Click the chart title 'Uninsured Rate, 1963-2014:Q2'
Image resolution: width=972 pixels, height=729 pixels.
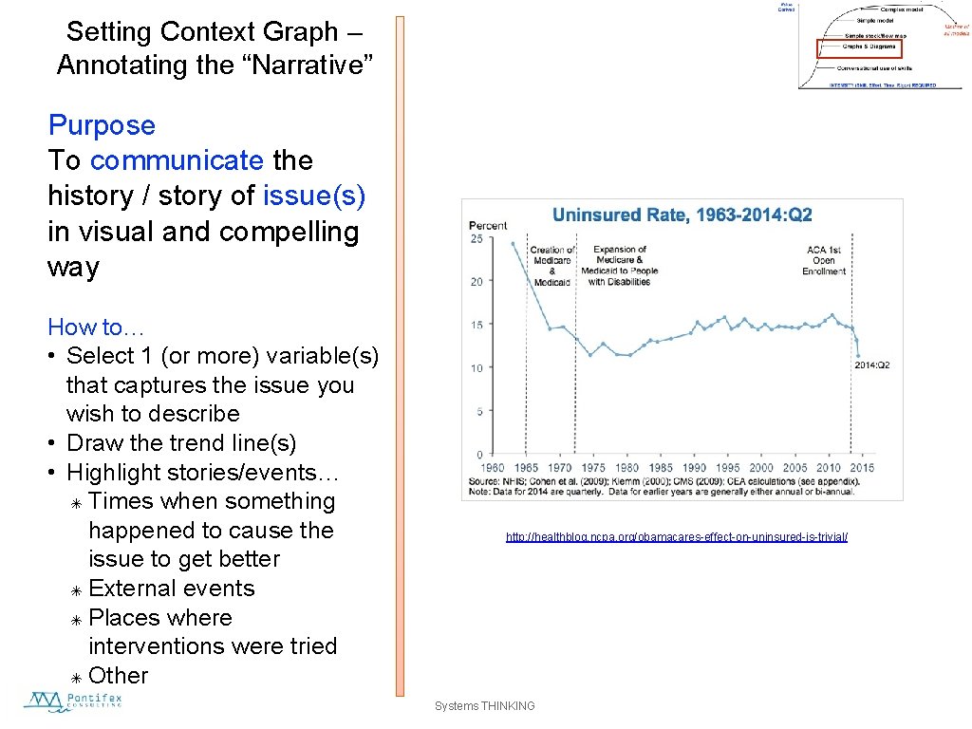click(682, 215)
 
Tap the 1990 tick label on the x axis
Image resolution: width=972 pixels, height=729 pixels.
click(694, 468)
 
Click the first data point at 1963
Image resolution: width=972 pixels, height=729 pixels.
click(514, 243)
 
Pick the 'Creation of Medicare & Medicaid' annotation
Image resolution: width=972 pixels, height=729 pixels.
click(551, 266)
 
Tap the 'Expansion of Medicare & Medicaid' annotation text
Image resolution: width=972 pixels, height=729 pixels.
click(619, 266)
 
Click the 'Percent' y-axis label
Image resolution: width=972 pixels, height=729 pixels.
click(488, 225)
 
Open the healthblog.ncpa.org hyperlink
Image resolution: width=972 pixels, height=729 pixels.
click(676, 537)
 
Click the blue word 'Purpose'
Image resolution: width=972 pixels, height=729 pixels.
click(102, 125)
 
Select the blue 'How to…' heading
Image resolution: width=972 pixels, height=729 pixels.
click(96, 327)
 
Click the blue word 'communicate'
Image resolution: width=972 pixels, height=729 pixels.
click(177, 160)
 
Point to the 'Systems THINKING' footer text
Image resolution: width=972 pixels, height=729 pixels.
click(484, 705)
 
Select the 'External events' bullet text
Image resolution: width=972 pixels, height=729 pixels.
click(171, 589)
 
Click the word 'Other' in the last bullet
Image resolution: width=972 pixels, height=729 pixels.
click(119, 676)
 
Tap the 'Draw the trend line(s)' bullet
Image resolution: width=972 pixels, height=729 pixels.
click(181, 443)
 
